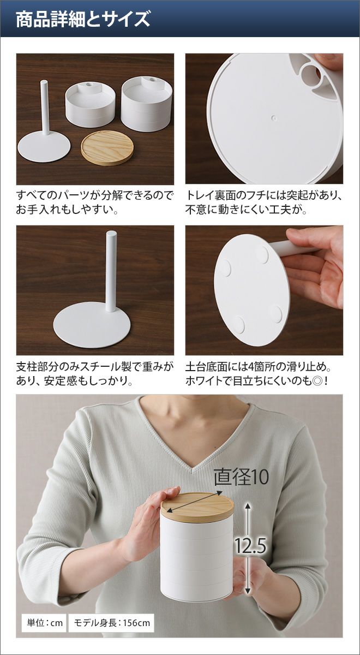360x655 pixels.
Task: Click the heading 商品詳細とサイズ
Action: pyautogui.click(x=83, y=19)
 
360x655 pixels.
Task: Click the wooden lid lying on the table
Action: pyautogui.click(x=107, y=148)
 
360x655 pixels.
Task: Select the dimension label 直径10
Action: pyautogui.click(x=241, y=477)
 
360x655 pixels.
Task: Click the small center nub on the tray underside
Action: pyautogui.click(x=273, y=118)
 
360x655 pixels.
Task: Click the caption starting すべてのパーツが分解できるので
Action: pyautogui.click(x=95, y=203)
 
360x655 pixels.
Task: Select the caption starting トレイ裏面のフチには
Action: pyautogui.click(x=263, y=203)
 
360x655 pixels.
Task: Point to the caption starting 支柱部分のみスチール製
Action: pyautogui.click(x=95, y=374)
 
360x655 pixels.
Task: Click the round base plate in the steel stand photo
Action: pyautogui.click(x=92, y=325)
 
